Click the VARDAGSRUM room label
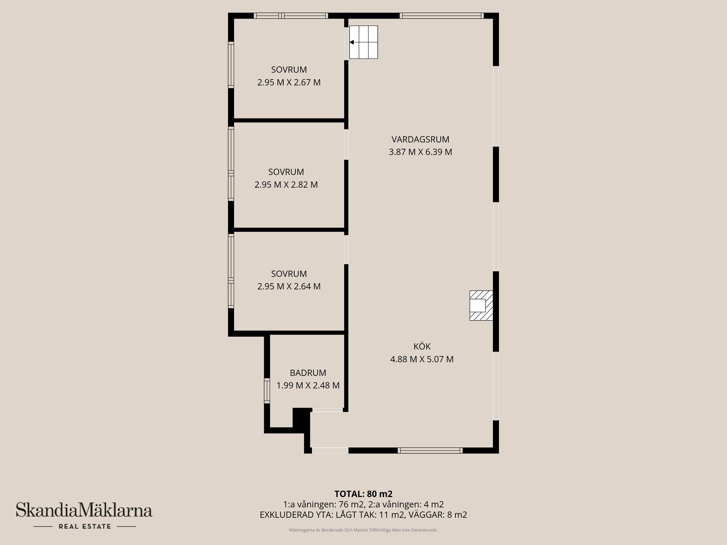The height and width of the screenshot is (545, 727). (420, 139)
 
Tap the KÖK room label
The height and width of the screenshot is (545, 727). (422, 346)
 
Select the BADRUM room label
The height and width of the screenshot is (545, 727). (308, 373)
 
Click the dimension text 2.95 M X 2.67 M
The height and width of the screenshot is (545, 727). (289, 83)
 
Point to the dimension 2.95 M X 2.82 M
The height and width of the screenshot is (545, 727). (286, 185)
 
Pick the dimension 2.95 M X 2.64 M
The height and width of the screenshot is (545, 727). (289, 287)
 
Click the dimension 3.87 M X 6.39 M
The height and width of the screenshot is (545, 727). (420, 152)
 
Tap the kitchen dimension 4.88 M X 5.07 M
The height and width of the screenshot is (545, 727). (422, 359)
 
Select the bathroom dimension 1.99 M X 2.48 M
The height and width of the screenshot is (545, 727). (308, 386)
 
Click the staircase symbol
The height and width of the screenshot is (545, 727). (363, 42)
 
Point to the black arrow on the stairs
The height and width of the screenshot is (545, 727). (351, 42)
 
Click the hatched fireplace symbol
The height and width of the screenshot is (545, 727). (481, 305)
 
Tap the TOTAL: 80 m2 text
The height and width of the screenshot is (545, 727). (363, 494)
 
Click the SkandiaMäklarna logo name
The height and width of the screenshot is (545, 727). (84, 510)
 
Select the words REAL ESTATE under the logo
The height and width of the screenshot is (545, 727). (85, 526)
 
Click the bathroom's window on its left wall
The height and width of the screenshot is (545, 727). (267, 391)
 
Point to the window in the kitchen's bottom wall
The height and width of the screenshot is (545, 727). (430, 450)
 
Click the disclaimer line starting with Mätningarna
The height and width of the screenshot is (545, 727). (363, 530)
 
